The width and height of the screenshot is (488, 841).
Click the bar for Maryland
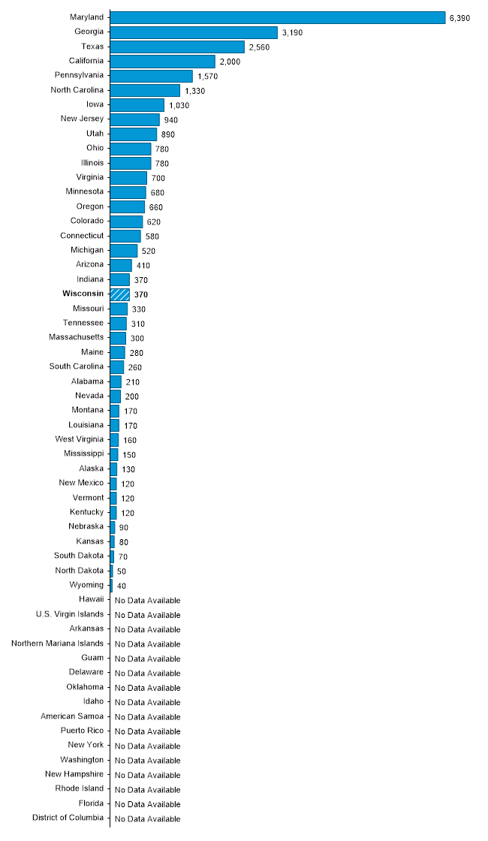[x=278, y=17]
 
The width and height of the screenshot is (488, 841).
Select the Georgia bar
[x=194, y=32]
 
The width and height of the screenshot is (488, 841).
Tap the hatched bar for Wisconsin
[x=120, y=294]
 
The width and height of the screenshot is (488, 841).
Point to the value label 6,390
[x=459, y=17]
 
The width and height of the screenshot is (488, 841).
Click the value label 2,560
[x=259, y=47]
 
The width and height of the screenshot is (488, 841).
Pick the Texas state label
[x=92, y=47]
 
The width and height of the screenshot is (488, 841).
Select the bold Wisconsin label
[x=83, y=294]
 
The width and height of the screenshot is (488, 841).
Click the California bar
[x=163, y=62]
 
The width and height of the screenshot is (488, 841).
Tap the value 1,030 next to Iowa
[x=179, y=105]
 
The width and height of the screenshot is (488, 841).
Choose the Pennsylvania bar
[x=152, y=76]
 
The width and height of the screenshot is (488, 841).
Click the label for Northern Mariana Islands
[x=58, y=643]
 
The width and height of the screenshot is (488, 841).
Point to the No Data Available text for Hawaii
[x=147, y=600]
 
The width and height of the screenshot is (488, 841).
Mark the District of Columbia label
[x=68, y=818]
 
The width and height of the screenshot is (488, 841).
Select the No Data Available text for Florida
[x=147, y=803]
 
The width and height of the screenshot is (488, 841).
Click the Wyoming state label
[x=86, y=584]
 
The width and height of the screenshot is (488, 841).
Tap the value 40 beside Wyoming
[x=122, y=586]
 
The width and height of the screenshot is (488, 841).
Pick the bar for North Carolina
[x=145, y=90]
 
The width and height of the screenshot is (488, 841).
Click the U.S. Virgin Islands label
[x=70, y=613]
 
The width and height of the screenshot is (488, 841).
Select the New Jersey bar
[x=135, y=119]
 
